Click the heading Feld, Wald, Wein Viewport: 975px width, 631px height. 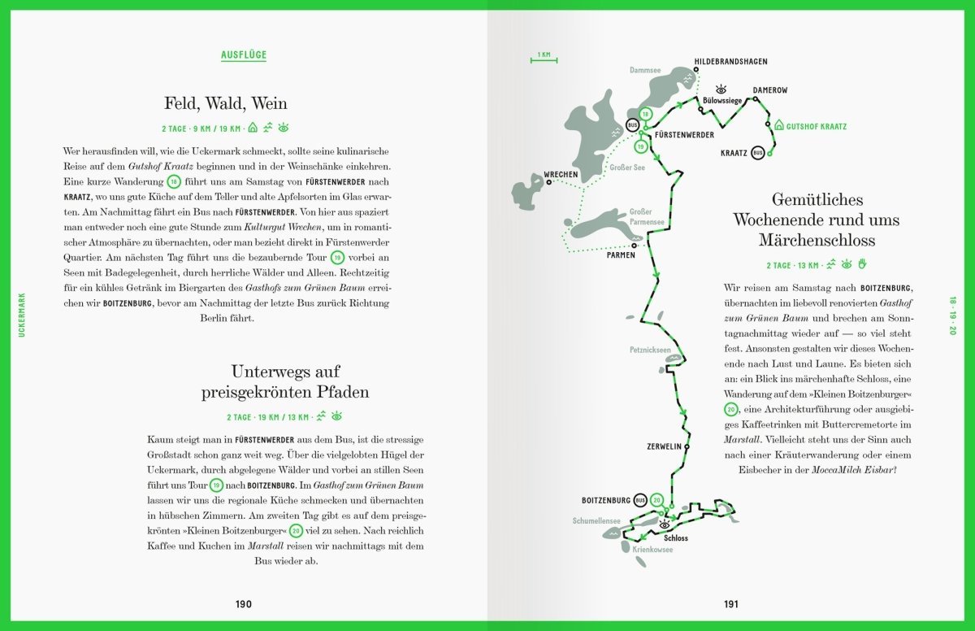pos(225,104)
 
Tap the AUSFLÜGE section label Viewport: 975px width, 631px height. pos(244,55)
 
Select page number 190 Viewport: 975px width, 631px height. pos(244,604)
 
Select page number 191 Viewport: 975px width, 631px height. pos(731,604)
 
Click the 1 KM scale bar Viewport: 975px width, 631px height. pos(544,56)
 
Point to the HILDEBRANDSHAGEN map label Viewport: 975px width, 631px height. pos(730,62)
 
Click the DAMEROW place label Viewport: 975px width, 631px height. pos(769,90)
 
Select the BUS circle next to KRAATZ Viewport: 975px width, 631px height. pos(758,152)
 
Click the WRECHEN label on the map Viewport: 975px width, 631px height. pos(561,175)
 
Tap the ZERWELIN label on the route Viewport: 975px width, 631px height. pos(664,447)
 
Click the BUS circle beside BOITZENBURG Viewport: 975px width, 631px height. pos(640,500)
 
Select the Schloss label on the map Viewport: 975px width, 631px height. pos(675,538)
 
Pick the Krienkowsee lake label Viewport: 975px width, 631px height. pos(652,550)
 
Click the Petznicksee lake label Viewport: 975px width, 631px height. pos(650,350)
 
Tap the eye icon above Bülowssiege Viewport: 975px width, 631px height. pos(719,89)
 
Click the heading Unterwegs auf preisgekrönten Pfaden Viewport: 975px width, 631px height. pos(285,382)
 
